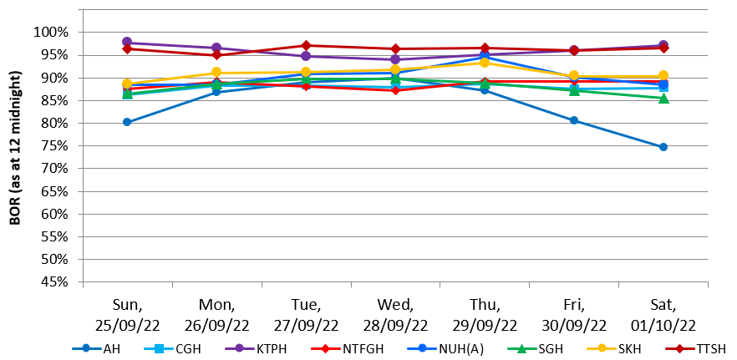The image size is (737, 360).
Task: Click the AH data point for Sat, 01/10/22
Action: (663, 147)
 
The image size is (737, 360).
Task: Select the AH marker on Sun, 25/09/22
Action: (127, 122)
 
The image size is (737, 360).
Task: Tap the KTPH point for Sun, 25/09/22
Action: (127, 42)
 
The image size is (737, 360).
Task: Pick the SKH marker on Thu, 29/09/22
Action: (485, 63)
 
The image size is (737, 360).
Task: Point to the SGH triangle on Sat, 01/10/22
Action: (663, 99)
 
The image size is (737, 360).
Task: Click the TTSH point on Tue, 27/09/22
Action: (306, 45)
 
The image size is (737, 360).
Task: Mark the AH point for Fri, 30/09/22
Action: (574, 120)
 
